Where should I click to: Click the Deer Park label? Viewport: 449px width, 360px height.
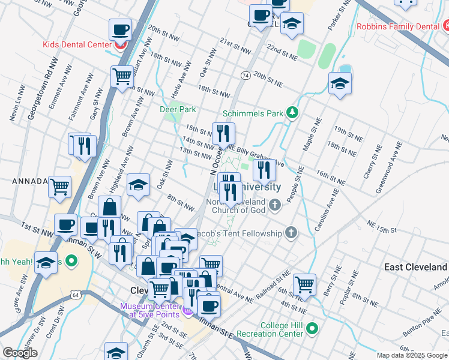178,110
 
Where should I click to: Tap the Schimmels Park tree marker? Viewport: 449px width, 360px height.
292,113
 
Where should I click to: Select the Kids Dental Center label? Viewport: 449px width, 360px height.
77,44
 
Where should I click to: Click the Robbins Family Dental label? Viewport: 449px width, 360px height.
398,26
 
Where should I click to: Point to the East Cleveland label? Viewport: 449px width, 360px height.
416,267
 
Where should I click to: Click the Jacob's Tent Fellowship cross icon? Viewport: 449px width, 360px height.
291,233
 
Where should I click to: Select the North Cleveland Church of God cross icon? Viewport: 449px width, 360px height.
275,205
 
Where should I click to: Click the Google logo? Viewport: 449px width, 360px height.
20,353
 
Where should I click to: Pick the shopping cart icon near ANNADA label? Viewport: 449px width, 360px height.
60,186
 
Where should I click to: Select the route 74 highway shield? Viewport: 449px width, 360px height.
245,75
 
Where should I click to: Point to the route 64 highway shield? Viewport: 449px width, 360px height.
74,295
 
